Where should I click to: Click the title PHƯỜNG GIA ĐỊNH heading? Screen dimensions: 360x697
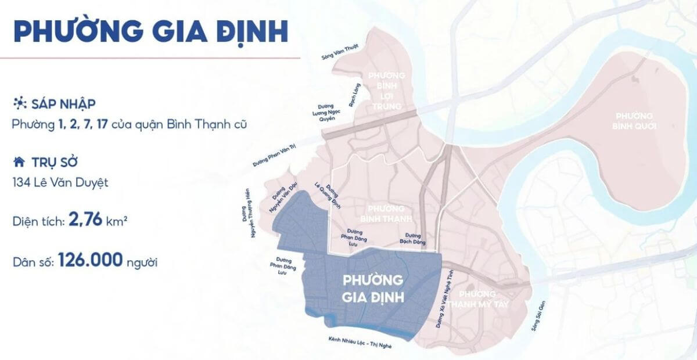[x=150, y=32]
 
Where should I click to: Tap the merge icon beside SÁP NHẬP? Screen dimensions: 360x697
[x=19, y=104]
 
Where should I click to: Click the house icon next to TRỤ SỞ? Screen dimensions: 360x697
[x=19, y=161]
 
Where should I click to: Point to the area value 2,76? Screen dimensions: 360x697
[x=85, y=219]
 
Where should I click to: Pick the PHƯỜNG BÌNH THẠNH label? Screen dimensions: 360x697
[x=386, y=213]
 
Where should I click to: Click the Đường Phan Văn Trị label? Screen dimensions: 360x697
[x=275, y=155]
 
